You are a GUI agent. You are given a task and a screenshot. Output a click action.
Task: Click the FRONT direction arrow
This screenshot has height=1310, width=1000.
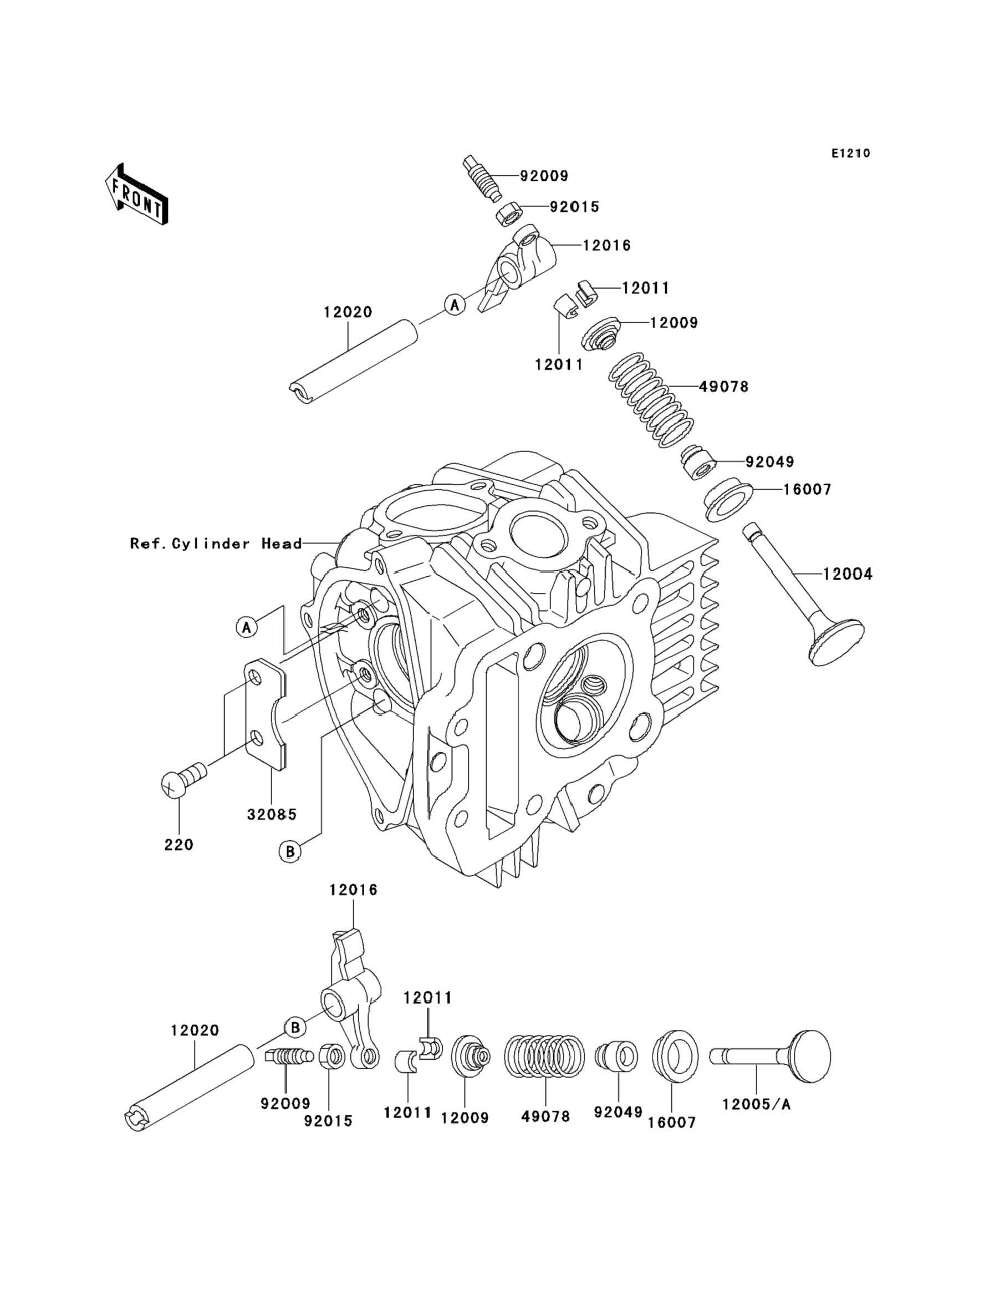136,195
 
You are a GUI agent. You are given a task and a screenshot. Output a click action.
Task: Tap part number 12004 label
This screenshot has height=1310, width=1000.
848,574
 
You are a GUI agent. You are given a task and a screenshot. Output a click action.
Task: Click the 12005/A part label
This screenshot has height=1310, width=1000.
757,1105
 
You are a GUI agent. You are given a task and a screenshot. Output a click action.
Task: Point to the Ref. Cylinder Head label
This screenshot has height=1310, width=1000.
216,544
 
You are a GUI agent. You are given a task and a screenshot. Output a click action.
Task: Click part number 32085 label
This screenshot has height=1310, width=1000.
272,814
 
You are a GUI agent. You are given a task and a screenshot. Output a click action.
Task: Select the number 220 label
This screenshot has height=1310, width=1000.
178,844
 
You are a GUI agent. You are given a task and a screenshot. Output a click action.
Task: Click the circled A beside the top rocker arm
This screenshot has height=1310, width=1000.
455,306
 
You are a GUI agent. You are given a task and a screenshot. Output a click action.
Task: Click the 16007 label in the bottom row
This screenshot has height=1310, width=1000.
671,1123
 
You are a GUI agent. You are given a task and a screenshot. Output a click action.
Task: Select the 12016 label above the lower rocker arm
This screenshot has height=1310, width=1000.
354,906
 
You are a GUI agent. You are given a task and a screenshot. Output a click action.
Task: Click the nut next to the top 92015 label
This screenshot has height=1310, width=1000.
509,214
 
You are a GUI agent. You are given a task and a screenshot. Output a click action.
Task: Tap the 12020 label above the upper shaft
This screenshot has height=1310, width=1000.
348,312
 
